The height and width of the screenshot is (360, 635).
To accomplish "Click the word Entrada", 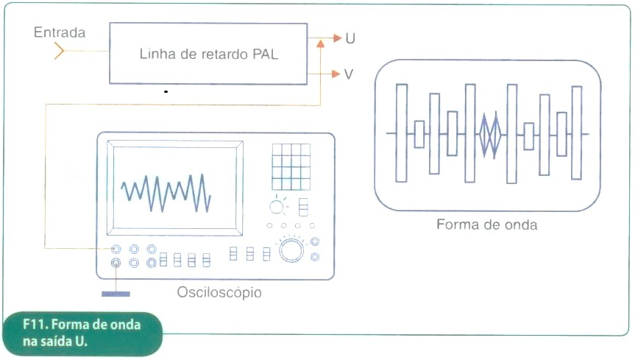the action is tap(60, 32).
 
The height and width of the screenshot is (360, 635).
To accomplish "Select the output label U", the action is tap(350, 38).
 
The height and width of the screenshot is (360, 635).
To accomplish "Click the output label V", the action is tap(349, 74).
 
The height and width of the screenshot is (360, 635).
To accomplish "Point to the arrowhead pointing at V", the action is tap(336, 74).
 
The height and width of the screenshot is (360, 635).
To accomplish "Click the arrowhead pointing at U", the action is tap(338, 38).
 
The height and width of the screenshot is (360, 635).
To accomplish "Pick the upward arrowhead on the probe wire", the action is tap(320, 43).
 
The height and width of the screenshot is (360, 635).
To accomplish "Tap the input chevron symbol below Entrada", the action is tap(59, 51).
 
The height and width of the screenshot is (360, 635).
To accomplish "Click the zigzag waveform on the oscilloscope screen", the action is tap(166, 193).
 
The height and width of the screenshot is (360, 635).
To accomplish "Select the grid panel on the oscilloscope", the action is tap(291, 166).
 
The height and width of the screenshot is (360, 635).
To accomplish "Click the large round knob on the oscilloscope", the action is tap(291, 250).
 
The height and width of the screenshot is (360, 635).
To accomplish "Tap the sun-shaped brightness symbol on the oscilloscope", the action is tap(277, 207).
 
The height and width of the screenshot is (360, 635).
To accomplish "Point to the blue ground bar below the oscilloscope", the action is tap(116, 294).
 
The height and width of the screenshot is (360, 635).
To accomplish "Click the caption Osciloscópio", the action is tap(219, 292).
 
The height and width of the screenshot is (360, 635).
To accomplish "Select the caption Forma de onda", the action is tap(487, 225).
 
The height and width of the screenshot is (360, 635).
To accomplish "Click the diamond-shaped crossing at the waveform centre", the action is tap(491, 135).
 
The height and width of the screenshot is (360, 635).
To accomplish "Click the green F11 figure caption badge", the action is tap(82, 333).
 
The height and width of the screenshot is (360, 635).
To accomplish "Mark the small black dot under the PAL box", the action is tap(166, 91).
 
